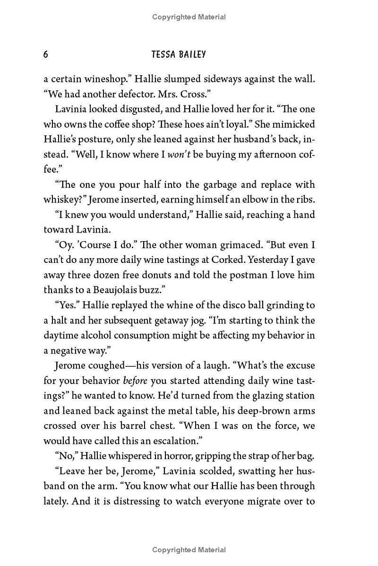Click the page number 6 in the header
click(46, 54)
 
